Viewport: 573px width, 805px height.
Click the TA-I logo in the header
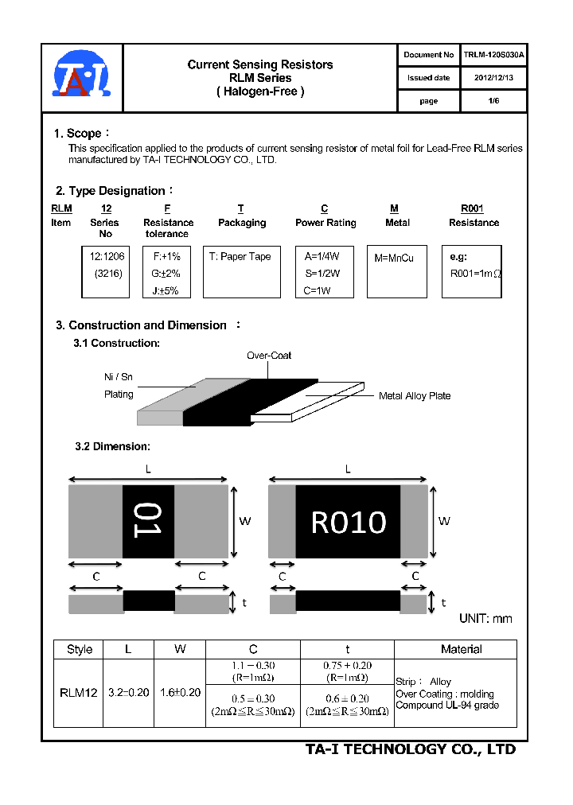[82, 76]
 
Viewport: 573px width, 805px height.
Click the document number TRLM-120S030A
[493, 55]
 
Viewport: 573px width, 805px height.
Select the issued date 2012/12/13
[493, 78]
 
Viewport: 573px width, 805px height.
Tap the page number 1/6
[493, 101]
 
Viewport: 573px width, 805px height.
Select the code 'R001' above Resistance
[472, 208]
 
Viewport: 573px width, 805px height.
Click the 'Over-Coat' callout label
[269, 356]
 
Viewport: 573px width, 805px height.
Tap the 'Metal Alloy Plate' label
[414, 395]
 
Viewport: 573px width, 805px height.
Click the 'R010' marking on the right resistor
[349, 523]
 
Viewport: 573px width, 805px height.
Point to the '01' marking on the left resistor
[147, 520]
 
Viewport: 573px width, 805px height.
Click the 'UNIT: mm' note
[485, 618]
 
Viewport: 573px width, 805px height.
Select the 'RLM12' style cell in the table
[79, 693]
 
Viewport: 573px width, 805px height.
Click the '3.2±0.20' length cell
[128, 693]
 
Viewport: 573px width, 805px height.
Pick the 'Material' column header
[462, 649]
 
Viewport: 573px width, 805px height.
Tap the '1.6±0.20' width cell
[180, 693]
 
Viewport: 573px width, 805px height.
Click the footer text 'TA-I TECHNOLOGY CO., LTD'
[411, 749]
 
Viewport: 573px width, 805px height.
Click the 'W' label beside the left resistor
[245, 521]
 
